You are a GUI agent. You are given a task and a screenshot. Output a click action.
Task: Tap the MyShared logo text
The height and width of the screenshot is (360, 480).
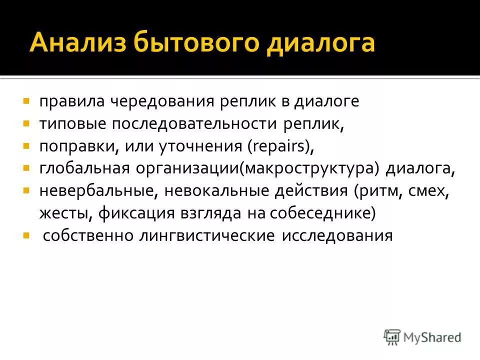(432, 337)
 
